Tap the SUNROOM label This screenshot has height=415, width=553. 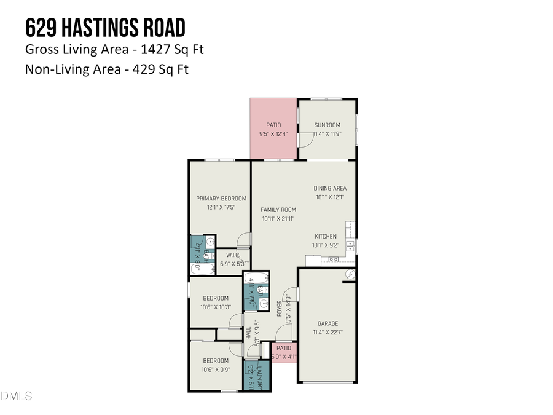point(327,125)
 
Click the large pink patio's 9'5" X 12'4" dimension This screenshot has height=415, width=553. point(273,133)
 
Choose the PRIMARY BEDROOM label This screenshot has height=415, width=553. point(221,199)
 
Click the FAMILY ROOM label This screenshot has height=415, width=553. point(278,210)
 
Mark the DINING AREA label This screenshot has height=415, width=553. point(330,188)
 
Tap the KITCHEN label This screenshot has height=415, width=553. point(326,236)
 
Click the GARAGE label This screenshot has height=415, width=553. point(327,323)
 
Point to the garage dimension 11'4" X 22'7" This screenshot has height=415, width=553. point(327,332)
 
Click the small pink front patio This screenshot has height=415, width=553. point(284,352)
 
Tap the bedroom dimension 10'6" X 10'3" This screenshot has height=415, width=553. point(216,307)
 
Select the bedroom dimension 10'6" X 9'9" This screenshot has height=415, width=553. point(216,370)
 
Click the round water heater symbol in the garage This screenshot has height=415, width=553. point(351,274)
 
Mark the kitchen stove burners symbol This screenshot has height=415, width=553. point(334,259)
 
